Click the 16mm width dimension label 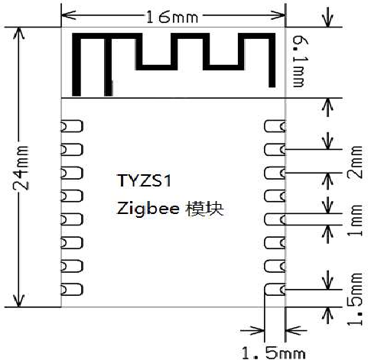[x=172, y=17]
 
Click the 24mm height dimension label [x=21, y=167]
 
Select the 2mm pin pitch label [x=355, y=162]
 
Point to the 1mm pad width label [x=355, y=220]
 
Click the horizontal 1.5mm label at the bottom [x=273, y=353]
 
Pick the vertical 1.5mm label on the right [x=355, y=300]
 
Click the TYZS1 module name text [x=145, y=180]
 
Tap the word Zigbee [x=148, y=209]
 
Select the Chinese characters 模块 [x=205, y=209]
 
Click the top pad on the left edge [x=72, y=126]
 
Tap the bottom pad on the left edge [x=72, y=290]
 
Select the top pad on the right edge [x=275, y=126]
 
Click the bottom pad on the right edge [x=275, y=290]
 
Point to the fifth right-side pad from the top [x=275, y=219]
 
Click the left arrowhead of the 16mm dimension [x=68, y=15]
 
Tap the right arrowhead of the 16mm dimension [x=278, y=15]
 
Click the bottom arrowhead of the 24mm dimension [x=18, y=300]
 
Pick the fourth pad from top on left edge [x=72, y=196]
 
